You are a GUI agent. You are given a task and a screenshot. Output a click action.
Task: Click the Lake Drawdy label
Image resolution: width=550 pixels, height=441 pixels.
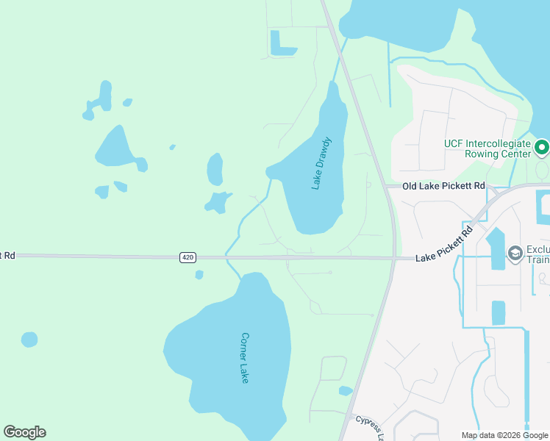[321, 162]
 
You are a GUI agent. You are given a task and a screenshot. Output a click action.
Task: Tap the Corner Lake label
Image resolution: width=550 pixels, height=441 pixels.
[245, 358]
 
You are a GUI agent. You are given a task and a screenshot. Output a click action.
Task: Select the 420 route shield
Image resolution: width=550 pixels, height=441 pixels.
[187, 257]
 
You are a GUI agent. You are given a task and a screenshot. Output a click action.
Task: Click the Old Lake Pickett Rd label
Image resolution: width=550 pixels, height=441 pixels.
[444, 186]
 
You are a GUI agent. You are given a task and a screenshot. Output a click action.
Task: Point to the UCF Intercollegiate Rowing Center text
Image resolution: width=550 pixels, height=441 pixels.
[487, 149]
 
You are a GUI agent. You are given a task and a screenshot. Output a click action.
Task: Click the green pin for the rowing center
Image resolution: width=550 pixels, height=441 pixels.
[542, 148]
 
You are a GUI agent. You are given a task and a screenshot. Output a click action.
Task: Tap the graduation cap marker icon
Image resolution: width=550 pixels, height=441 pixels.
[515, 254]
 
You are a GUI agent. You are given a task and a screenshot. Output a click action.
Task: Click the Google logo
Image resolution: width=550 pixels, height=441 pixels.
[24, 432]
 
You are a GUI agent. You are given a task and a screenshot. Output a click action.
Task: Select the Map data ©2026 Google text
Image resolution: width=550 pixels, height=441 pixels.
[504, 435]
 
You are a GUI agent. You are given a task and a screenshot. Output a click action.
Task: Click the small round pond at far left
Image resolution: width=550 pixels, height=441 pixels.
[29, 339]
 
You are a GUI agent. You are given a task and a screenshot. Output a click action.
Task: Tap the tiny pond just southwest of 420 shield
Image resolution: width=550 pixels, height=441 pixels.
[199, 275]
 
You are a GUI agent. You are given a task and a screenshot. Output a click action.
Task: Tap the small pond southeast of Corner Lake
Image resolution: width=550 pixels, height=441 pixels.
[346, 391]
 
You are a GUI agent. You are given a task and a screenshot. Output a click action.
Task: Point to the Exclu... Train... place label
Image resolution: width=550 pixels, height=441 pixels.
[537, 254]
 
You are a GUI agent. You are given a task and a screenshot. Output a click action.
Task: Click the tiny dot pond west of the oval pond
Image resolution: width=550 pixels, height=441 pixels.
[172, 147]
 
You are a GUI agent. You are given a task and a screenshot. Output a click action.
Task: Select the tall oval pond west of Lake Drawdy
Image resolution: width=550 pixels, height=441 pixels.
[215, 169]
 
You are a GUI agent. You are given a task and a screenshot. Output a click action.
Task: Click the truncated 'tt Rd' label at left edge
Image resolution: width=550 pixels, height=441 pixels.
[7, 255]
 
